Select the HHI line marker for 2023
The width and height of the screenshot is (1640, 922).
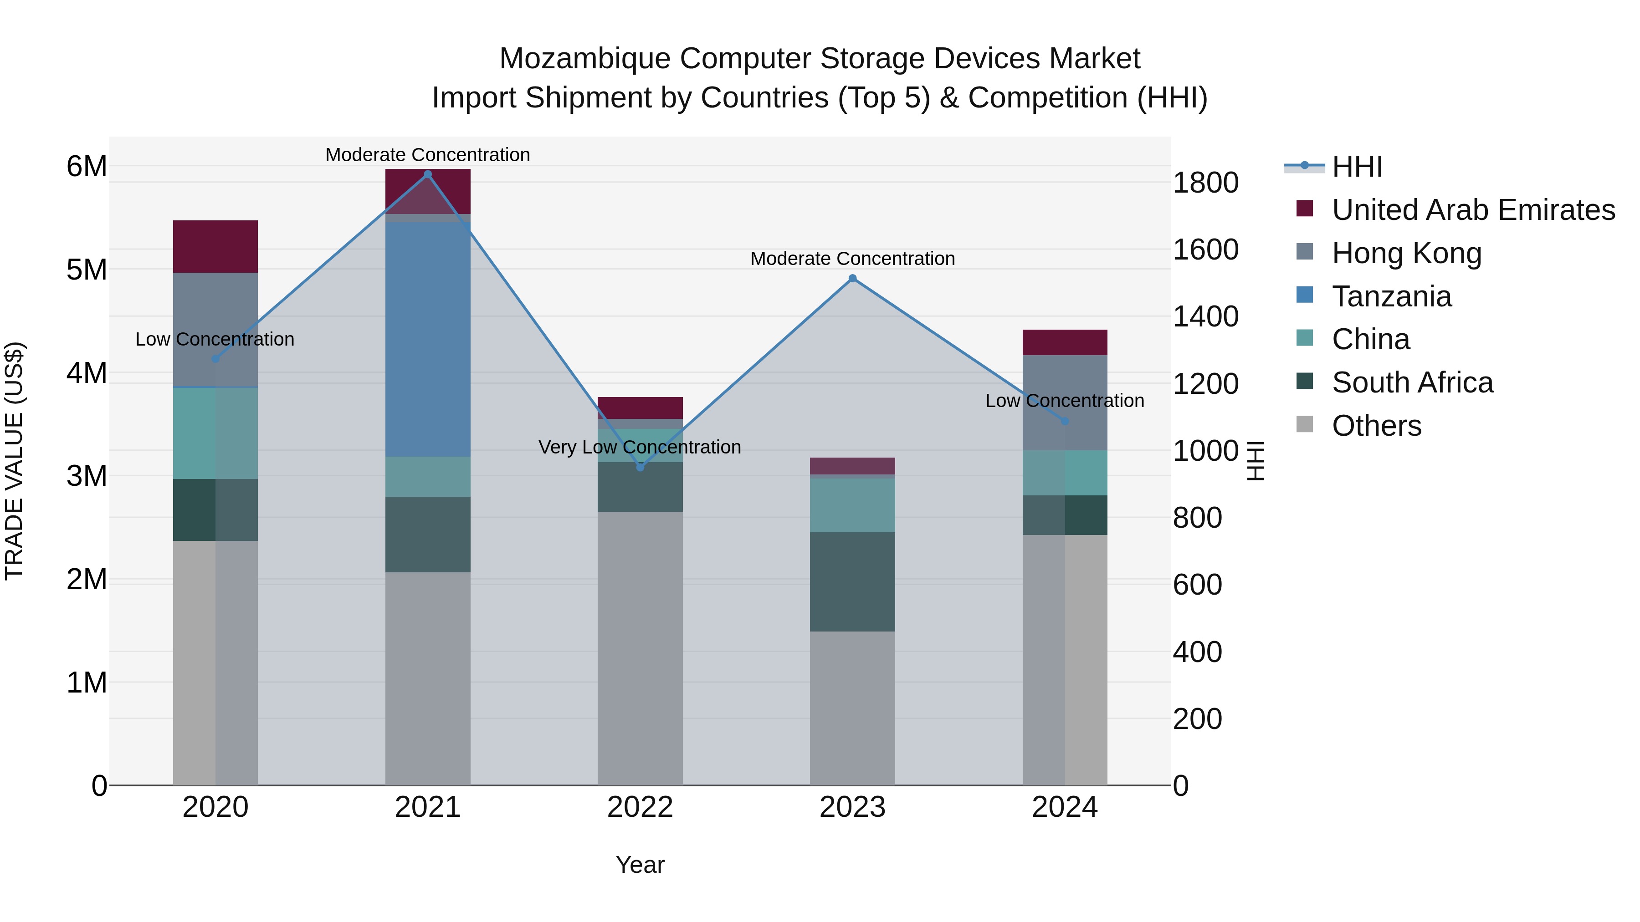pos(852,278)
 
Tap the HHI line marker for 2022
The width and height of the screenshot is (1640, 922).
pos(641,467)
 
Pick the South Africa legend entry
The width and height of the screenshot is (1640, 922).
pos(1412,382)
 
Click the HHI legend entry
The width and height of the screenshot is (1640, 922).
pos(1356,167)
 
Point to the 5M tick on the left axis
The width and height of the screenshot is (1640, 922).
pos(87,269)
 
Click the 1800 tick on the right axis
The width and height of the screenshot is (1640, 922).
pos(1205,183)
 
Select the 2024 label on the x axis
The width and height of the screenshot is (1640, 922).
pos(1065,807)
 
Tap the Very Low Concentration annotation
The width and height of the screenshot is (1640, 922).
pos(640,447)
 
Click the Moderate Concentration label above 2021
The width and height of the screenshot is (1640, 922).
pos(428,155)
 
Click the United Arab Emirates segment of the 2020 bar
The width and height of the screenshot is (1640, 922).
pos(215,246)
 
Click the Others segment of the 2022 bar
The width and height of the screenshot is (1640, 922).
pos(640,648)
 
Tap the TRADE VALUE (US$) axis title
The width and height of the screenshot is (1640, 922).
pos(14,461)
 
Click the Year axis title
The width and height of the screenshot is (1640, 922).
pos(640,865)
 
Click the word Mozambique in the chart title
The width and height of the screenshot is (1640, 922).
pos(584,59)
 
